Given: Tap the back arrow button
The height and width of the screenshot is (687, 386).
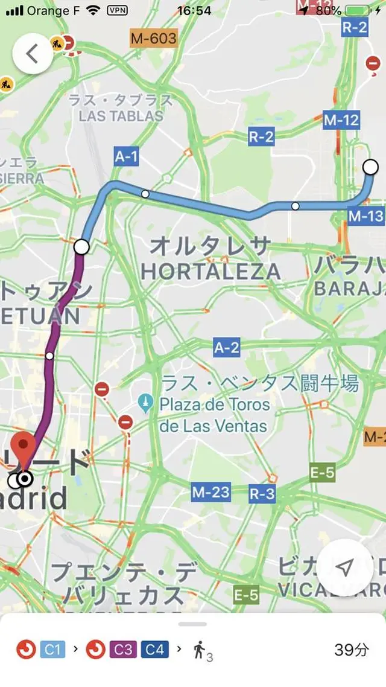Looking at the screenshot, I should [33, 54].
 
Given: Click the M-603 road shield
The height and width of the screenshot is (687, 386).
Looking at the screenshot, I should [154, 39].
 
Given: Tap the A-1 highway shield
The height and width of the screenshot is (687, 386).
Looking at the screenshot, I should [127, 157].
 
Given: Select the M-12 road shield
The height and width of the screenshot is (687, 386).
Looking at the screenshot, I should [341, 120].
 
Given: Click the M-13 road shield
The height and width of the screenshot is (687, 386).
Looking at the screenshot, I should [365, 216].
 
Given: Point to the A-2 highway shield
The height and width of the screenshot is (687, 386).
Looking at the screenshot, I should [227, 347].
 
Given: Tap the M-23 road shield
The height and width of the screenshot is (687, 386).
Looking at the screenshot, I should [211, 492].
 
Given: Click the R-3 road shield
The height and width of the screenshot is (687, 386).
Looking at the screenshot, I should [262, 494].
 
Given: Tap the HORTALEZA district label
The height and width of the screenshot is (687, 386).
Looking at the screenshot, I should [211, 272].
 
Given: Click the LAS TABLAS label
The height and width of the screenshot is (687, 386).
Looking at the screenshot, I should [121, 116].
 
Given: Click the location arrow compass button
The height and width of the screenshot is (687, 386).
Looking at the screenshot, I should [344, 567].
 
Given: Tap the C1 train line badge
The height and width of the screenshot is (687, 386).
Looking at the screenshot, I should [52, 650].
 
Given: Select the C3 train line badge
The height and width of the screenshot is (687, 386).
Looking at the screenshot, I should [123, 650].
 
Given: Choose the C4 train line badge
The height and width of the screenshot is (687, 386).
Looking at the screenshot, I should [154, 650].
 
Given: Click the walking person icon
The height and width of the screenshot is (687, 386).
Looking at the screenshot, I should [200, 650].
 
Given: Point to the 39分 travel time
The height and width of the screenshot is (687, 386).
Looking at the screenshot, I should [352, 650].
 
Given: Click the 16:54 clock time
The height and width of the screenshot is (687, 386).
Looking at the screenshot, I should [194, 10].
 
